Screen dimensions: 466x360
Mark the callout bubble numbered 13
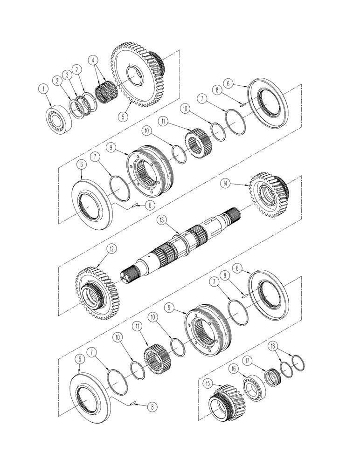[161, 219]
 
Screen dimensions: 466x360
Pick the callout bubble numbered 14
[239, 185]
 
